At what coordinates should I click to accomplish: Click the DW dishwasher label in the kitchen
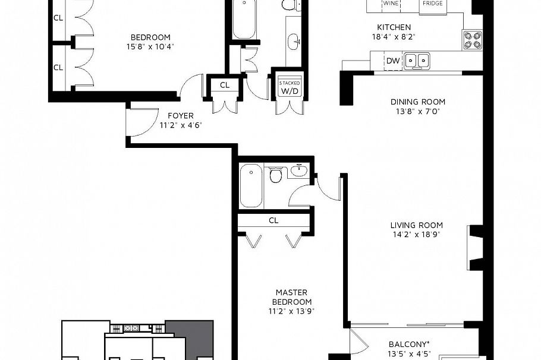click(393, 61)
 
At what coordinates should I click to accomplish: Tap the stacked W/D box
click(290, 87)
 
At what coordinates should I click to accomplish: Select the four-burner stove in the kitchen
click(473, 40)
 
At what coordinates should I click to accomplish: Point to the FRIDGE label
click(432, 4)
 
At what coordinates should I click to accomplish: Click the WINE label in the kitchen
click(390, 4)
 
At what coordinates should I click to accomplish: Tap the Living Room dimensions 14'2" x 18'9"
click(417, 235)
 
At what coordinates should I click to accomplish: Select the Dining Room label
click(418, 102)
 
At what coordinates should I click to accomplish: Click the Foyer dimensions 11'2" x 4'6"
click(180, 125)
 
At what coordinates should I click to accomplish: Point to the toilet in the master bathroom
click(275, 176)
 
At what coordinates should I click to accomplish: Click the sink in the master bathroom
click(298, 172)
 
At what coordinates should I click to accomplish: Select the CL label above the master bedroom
click(273, 220)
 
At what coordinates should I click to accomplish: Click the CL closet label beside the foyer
click(224, 86)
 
